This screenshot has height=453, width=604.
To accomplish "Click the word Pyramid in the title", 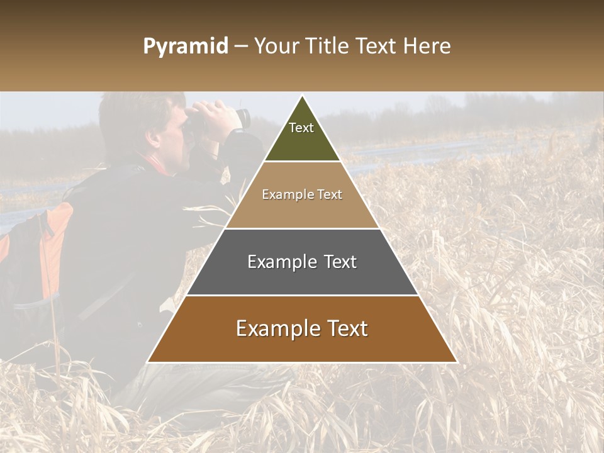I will [185, 47].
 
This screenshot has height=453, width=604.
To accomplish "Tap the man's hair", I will [132, 113].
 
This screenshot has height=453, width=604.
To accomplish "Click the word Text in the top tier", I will [301, 128].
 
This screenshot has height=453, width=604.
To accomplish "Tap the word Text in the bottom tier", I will [343, 328].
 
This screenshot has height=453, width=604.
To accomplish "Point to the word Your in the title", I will [275, 47].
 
